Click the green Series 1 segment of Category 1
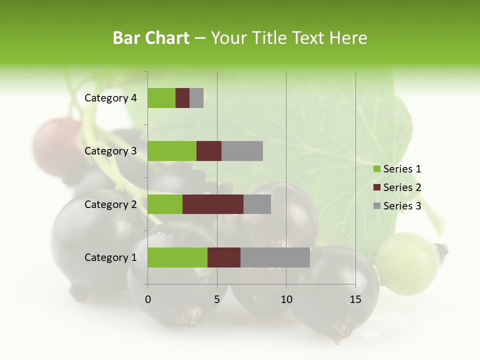click(x=177, y=257)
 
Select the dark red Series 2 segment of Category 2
click(x=213, y=204)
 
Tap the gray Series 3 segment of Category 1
click(x=275, y=257)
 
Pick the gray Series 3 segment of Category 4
click(x=196, y=98)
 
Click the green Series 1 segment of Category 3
click(x=172, y=151)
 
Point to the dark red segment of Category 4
click(x=182, y=98)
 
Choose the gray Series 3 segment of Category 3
click(x=242, y=151)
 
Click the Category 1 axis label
click(x=110, y=257)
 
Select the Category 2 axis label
click(x=110, y=204)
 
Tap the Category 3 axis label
click(x=110, y=151)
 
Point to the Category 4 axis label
click(x=110, y=98)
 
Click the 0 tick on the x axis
click(x=148, y=299)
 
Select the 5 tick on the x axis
click(x=217, y=299)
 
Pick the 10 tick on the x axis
click(x=286, y=299)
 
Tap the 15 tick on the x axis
click(x=355, y=299)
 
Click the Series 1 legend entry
click(x=397, y=169)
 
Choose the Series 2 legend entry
click(x=397, y=187)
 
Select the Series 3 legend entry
click(x=397, y=205)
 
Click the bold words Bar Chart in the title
click(x=151, y=38)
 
